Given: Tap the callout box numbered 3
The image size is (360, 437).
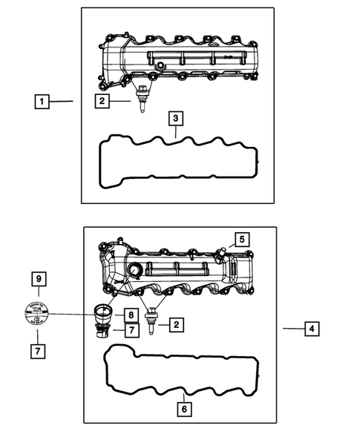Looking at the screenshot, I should (174, 118).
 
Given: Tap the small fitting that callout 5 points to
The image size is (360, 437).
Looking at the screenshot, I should (220, 253).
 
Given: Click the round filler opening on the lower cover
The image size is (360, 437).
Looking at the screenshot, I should (136, 269).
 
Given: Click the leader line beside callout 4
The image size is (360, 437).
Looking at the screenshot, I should (291, 328).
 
